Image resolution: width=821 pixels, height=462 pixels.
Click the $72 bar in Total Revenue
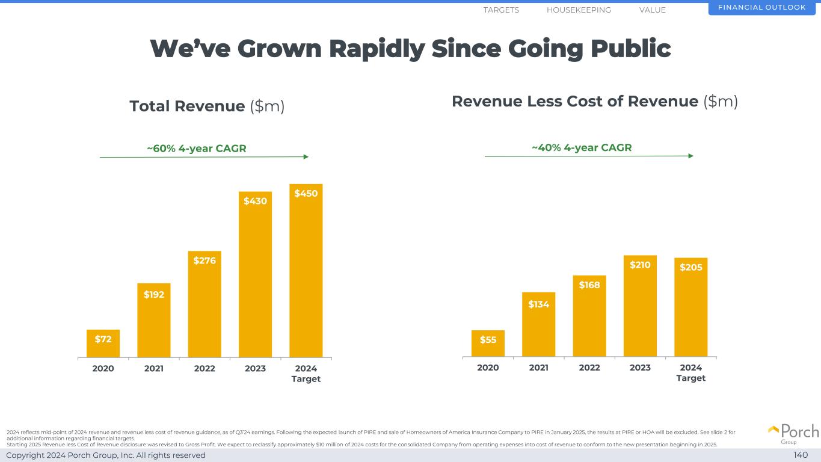coord(103,343)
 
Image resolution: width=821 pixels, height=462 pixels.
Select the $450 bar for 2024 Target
coord(306,271)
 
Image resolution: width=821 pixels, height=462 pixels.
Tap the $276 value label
coord(204,260)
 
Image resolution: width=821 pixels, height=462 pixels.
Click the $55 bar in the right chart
coord(488,343)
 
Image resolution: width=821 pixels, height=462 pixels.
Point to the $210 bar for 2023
coord(640,306)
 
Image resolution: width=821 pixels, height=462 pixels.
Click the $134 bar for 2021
coord(538,324)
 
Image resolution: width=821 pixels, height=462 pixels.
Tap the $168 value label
coord(589,285)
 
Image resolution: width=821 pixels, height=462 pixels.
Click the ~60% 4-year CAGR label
coord(197,149)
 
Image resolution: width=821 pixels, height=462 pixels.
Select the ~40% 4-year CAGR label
coord(582,148)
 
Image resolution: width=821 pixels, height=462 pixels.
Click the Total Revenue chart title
coord(207,106)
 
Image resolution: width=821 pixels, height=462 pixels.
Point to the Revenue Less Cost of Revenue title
coord(594,102)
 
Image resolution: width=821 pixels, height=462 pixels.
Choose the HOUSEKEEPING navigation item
coord(579,10)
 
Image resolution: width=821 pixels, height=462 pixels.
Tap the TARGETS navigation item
coord(501,10)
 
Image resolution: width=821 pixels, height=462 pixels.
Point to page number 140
coord(801,455)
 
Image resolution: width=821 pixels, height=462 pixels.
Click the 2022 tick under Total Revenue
coord(204,368)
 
